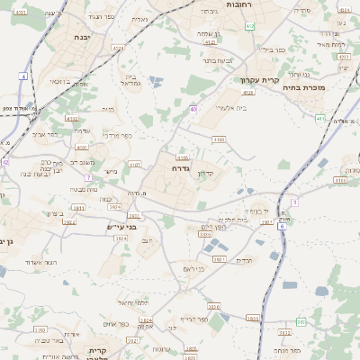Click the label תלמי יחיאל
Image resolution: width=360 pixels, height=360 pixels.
132,302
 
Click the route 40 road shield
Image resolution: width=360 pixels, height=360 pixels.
193,109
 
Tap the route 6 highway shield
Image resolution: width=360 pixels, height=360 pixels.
281,227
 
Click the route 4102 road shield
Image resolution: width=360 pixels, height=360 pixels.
72,118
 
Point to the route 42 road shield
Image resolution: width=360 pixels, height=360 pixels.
4,162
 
